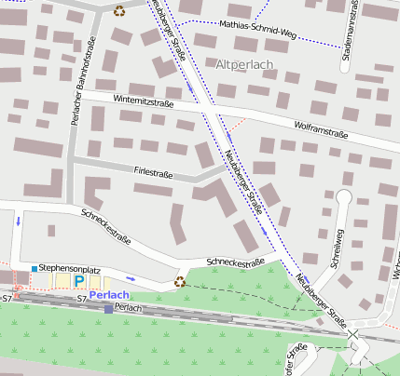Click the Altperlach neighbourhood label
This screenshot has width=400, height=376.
[244, 65]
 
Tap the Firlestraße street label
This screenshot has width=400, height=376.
[154, 173]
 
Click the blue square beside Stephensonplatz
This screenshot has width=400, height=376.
[34, 269]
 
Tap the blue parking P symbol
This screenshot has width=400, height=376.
[79, 280]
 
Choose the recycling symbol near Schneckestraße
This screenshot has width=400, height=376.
[180, 280]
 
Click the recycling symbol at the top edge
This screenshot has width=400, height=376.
[119, 10]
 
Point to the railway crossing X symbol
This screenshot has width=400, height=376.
[352, 333]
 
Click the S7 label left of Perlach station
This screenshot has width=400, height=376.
[82, 300]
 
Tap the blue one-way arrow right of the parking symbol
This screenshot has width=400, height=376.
[131, 278]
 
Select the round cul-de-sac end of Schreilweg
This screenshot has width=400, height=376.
[343, 196]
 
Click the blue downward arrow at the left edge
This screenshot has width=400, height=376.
[18, 222]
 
